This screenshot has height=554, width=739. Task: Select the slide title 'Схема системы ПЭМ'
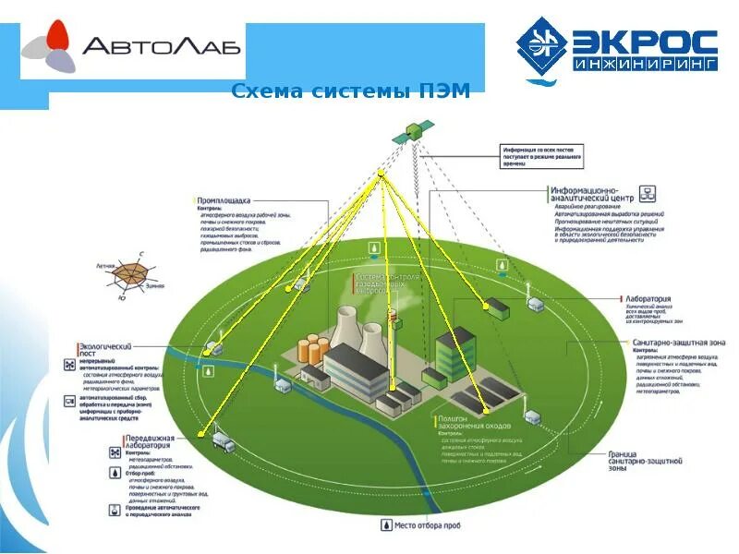(350, 90)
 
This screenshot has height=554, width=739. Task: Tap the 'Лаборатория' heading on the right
(647, 299)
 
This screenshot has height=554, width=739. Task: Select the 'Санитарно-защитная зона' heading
(679, 343)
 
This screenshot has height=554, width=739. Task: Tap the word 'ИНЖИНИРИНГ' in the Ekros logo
(645, 66)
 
